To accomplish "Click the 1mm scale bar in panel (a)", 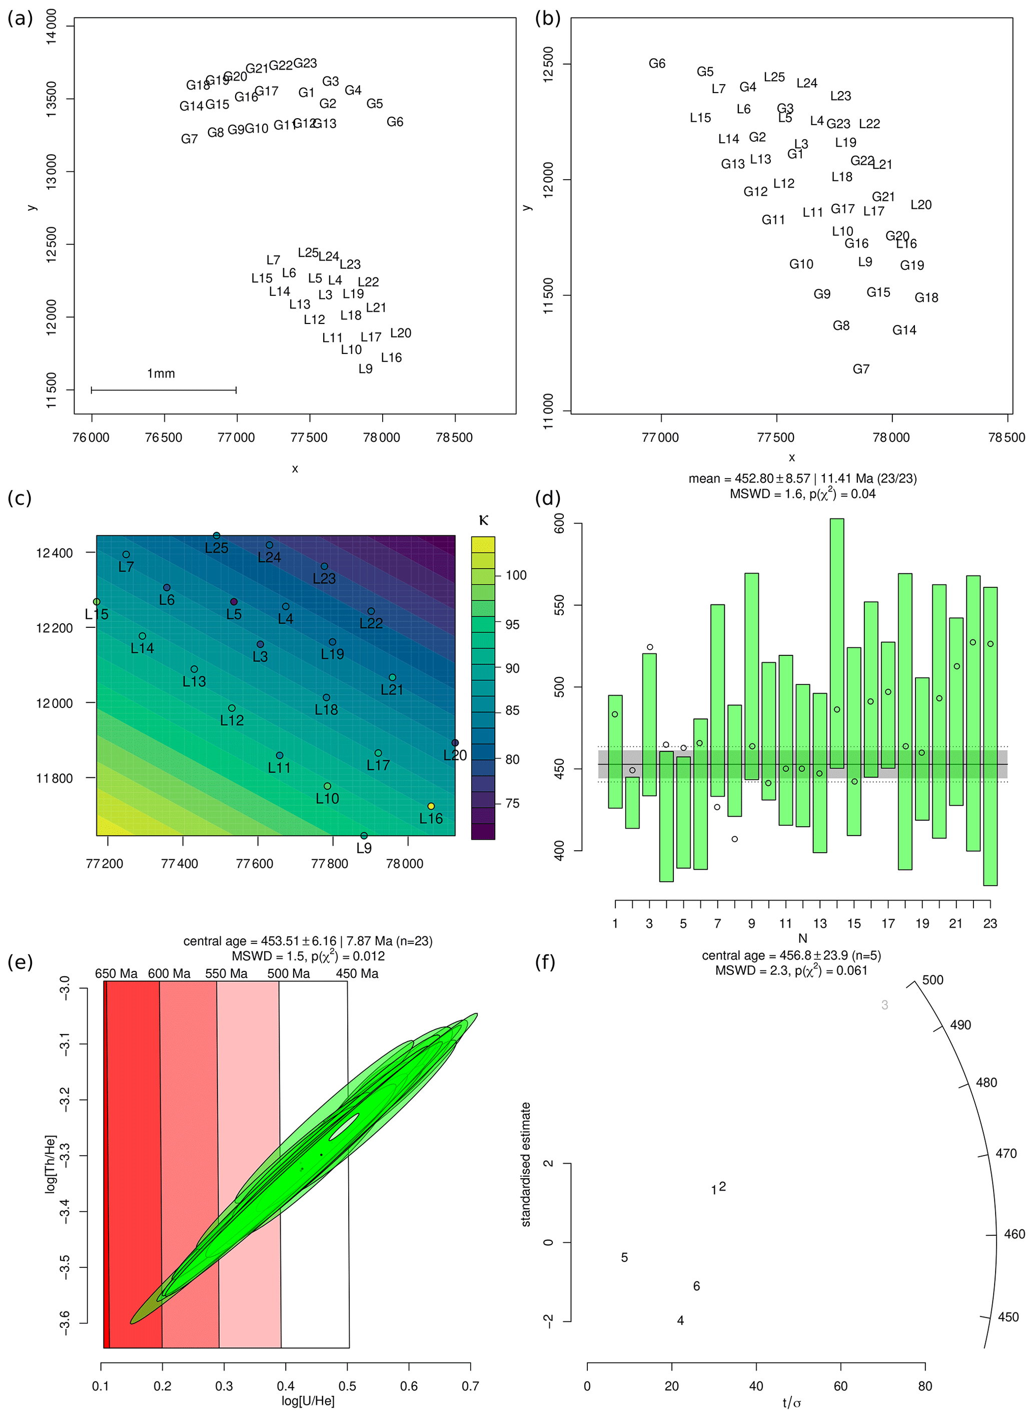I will point(164,390).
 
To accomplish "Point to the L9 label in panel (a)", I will point(366,369).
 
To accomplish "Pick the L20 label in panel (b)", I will point(921,205).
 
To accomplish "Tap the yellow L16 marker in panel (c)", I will point(431,806).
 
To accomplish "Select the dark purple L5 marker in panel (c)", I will point(234,602).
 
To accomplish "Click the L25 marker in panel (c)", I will point(217,536).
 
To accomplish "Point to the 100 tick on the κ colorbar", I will point(516,575).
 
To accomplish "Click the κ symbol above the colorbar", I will point(483,520).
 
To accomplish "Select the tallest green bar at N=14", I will point(836,643).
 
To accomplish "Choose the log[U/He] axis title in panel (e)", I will point(308,1401).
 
